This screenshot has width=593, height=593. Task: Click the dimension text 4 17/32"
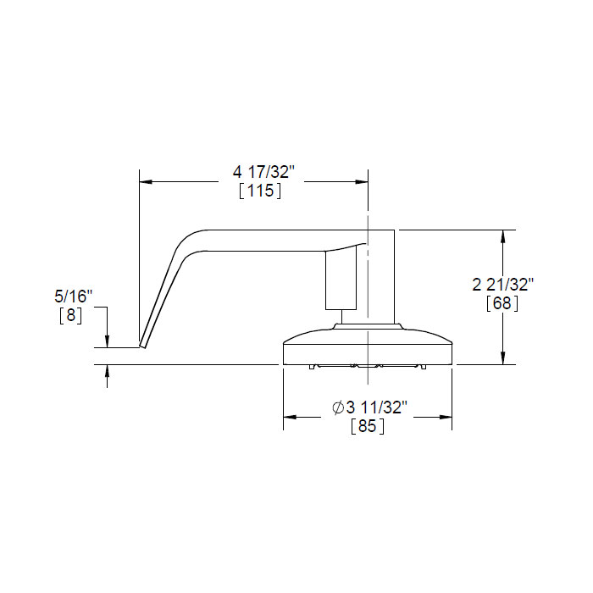(263, 171)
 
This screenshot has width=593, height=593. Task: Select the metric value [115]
(260, 191)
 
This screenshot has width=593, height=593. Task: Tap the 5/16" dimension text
(73, 296)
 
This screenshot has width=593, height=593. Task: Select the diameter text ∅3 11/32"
(370, 407)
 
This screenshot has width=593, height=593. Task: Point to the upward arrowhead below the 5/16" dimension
(108, 372)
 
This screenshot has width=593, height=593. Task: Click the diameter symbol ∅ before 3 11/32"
(338, 407)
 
